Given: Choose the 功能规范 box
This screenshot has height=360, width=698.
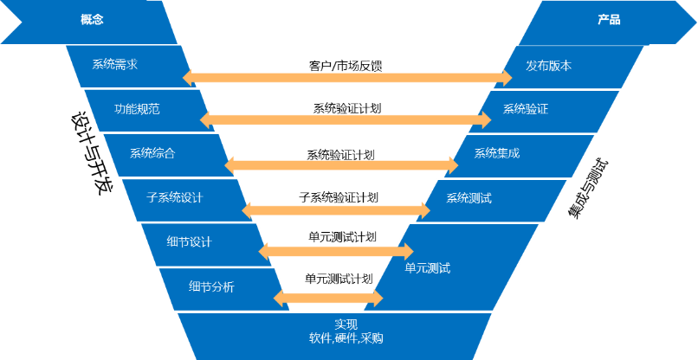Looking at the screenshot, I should (136, 110).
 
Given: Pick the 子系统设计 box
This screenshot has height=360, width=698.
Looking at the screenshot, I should (174, 198).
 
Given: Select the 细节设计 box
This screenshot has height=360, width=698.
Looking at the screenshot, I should (189, 242).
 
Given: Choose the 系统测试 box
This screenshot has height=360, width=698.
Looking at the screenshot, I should (469, 198).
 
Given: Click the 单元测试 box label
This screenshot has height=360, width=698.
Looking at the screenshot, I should (428, 267).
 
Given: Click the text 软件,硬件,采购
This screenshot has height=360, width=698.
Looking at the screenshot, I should (346, 338).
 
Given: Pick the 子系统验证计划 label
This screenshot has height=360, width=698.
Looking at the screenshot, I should (339, 197).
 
